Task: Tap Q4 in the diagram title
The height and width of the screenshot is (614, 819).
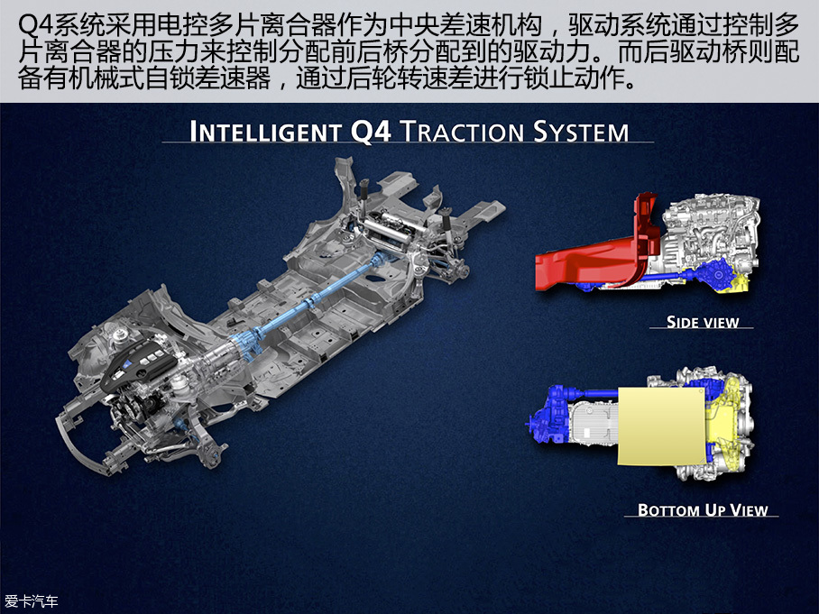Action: pos(371,131)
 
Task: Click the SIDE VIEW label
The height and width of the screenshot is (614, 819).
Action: pos(703,322)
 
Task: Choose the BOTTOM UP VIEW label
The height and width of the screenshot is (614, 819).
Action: pos(703,509)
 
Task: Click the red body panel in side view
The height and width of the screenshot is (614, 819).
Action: pos(595,256)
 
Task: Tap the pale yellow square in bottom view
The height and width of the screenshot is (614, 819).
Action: pos(662,426)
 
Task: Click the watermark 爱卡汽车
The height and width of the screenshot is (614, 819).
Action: pos(32,601)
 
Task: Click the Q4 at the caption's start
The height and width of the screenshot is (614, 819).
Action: pos(34,24)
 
